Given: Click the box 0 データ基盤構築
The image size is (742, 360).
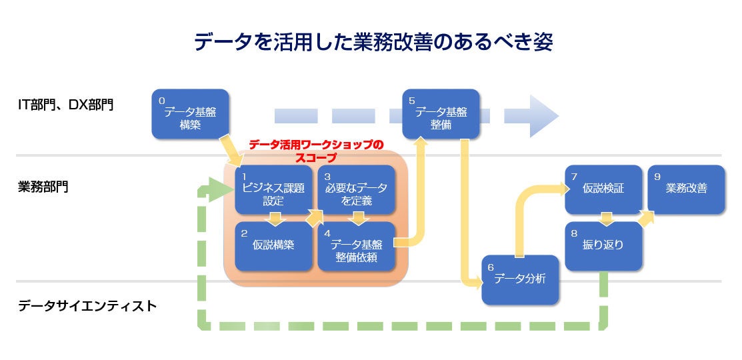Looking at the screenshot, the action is pos(190,114).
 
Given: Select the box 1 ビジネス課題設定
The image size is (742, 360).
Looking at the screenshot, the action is pos(273,189).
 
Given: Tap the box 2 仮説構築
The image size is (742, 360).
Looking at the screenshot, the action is pos(273,246).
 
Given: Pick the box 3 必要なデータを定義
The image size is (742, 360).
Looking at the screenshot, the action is pos(356,189).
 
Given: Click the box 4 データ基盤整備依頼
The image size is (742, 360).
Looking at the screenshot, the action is pos(356,246).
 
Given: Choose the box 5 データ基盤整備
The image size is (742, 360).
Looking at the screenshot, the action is pos(441,114).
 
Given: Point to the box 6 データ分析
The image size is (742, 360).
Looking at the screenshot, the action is pos(520,279).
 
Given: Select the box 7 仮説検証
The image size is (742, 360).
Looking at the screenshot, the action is pos(603,189).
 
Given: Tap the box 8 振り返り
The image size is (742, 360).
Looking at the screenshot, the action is pos(603,246).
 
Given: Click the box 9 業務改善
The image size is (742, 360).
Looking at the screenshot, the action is pos(686,189).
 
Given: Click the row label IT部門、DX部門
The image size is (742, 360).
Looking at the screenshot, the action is pos(65,105).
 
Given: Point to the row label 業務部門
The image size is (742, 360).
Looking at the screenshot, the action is pos(43,187).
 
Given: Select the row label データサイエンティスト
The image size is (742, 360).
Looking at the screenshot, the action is pos(87,306).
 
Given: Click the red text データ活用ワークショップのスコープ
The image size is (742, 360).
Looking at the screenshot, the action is pos(315,151).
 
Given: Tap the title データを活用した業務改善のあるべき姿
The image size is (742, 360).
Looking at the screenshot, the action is pos(373,42).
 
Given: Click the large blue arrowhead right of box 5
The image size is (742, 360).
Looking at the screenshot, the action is pos(544,116).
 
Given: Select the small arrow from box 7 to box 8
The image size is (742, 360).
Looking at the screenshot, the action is pos(607,219).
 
